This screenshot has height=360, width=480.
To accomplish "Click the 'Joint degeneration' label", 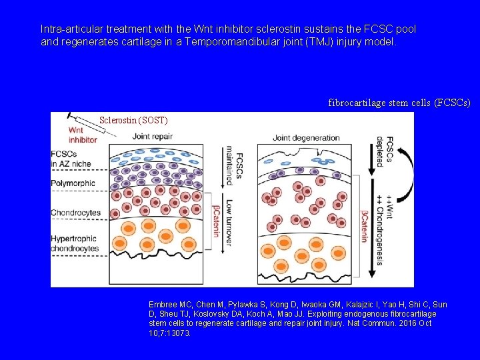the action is (x=306, y=138).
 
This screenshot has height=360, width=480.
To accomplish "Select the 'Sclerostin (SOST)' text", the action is (x=133, y=121).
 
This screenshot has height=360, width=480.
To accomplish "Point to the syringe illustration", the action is (x=89, y=125).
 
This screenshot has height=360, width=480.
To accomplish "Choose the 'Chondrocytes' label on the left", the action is (x=75, y=213).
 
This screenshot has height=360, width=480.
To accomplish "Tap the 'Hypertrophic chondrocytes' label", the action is (x=75, y=243).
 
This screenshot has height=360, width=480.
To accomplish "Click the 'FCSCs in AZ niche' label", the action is (x=70, y=159).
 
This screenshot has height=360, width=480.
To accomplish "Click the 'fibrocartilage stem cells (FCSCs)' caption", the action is (x=399, y=103).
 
